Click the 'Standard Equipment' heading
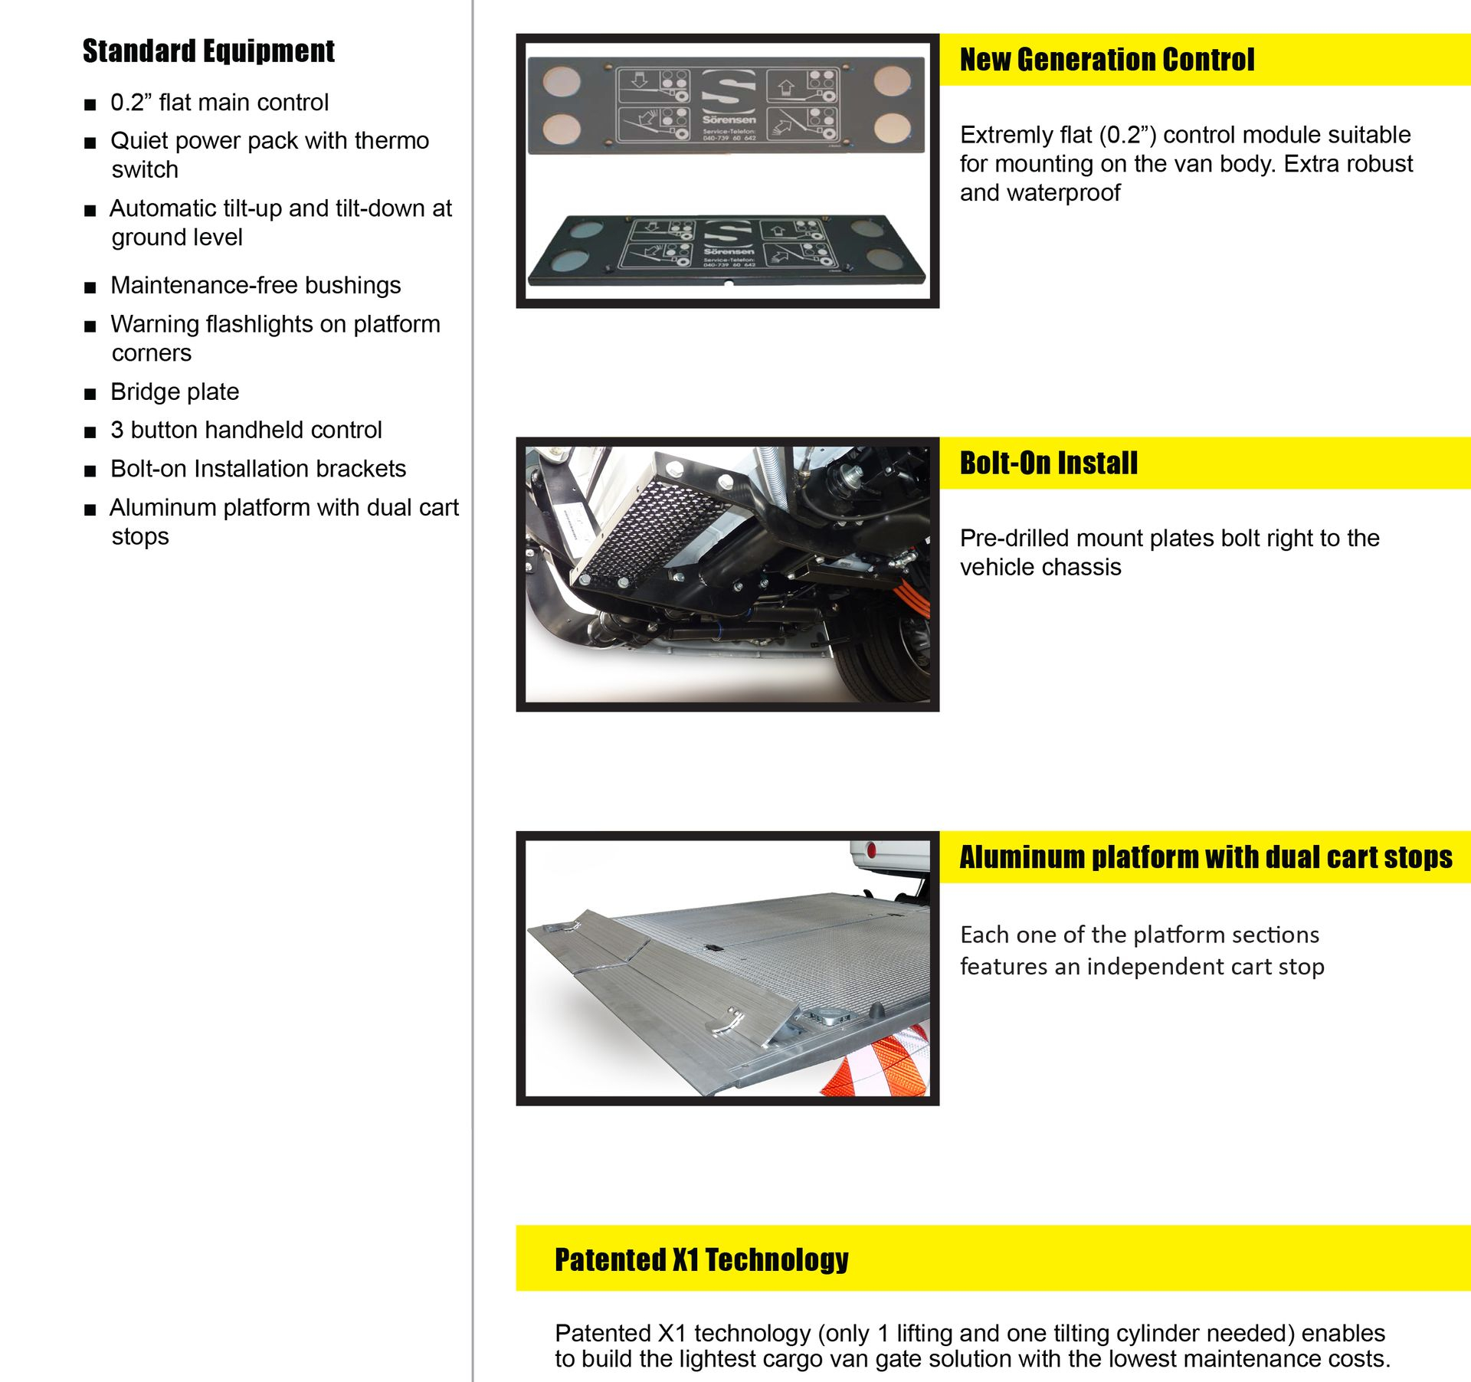click(208, 51)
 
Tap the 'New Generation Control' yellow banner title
click(1106, 60)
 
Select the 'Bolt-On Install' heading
click(1048, 463)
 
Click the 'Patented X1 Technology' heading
click(701, 1259)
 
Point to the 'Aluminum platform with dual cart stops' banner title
click(1205, 857)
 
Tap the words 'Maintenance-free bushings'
click(255, 285)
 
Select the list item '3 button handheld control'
click(245, 430)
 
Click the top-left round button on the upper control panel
click(562, 80)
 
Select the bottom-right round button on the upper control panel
click(893, 129)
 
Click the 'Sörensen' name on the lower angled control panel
click(729, 251)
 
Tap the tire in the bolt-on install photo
click(889, 651)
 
